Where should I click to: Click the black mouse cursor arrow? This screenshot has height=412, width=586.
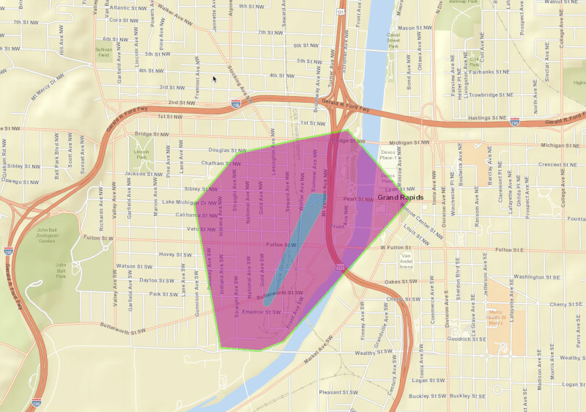(x=215, y=78)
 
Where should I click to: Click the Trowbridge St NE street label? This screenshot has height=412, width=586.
(x=490, y=95)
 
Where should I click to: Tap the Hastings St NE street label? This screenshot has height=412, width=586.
(x=488, y=117)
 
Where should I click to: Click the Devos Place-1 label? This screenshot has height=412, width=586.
(x=387, y=155)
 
